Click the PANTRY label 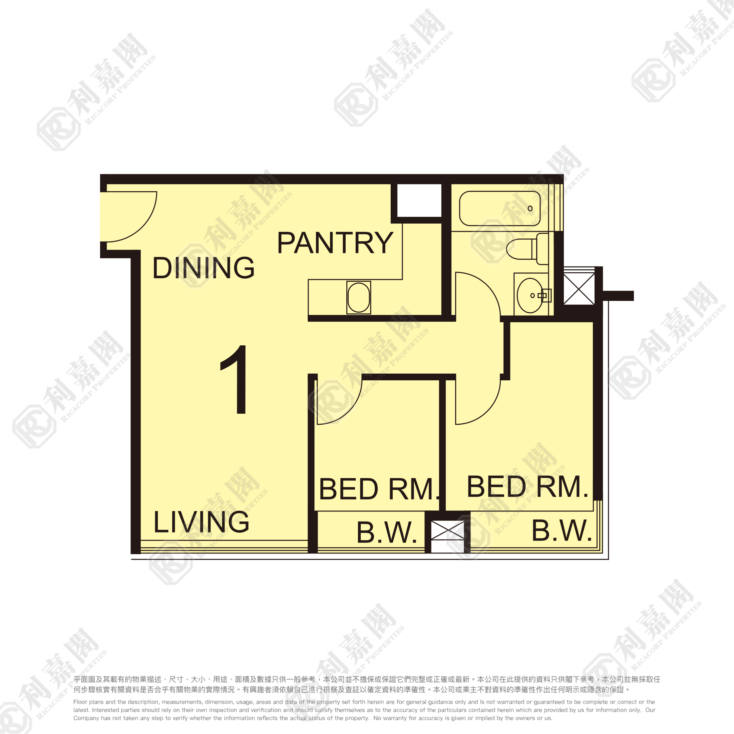click(x=335, y=243)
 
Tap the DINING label click(x=203, y=268)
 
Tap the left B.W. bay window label click(x=387, y=532)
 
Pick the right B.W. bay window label click(x=562, y=531)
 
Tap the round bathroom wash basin click(x=530, y=295)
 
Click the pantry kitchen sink click(x=359, y=298)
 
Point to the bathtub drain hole click(x=530, y=209)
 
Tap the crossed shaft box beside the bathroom click(x=579, y=288)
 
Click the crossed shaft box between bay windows click(x=447, y=530)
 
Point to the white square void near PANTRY click(x=419, y=201)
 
